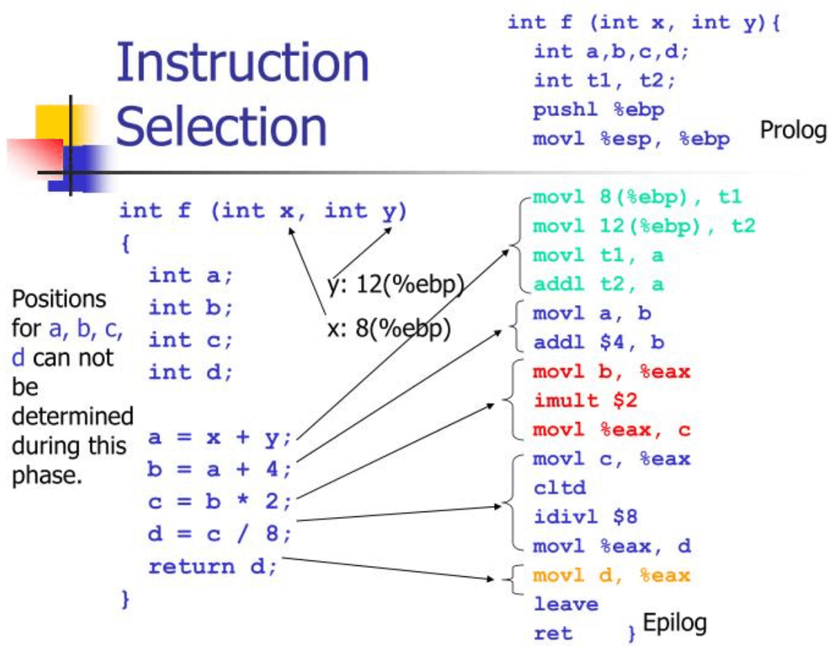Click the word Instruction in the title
(243, 64)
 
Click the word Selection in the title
(221, 126)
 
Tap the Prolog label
(793, 130)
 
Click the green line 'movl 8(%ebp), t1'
(636, 197)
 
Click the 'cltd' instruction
(560, 488)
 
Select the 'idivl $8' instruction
(589, 516)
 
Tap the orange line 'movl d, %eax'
(611, 575)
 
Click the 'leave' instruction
(566, 604)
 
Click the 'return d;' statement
(213, 566)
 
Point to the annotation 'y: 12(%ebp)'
(394, 284)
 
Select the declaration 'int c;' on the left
(191, 340)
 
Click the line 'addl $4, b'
(598, 342)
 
